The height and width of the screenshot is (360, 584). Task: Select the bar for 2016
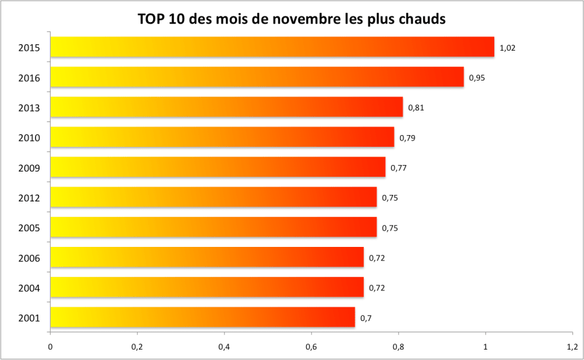pyautogui.click(x=257, y=77)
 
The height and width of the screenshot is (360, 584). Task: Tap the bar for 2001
pyautogui.click(x=202, y=318)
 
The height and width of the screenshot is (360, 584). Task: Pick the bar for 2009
pyautogui.click(x=218, y=167)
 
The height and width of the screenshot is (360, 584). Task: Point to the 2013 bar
pyautogui.click(x=226, y=107)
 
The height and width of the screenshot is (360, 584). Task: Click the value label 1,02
pyautogui.click(x=507, y=47)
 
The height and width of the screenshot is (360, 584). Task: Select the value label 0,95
pyautogui.click(x=477, y=77)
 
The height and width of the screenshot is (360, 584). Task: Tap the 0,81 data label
pyautogui.click(x=416, y=107)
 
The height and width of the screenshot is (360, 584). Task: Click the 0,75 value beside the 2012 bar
pyautogui.click(x=390, y=198)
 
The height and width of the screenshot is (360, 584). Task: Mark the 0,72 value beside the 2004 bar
pyautogui.click(x=377, y=288)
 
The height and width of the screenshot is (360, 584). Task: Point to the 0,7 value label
pyautogui.click(x=366, y=318)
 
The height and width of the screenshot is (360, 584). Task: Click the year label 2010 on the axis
pyautogui.click(x=30, y=138)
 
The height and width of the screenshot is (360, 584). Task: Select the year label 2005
pyautogui.click(x=30, y=228)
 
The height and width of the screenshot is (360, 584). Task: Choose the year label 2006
pyautogui.click(x=30, y=258)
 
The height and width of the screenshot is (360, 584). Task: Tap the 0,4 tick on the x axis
pyautogui.click(x=224, y=346)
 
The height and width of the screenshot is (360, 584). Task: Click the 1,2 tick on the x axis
pyautogui.click(x=572, y=346)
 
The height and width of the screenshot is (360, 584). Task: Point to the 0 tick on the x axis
pyautogui.click(x=50, y=346)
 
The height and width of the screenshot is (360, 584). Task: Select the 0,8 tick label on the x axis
pyautogui.click(x=398, y=346)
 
